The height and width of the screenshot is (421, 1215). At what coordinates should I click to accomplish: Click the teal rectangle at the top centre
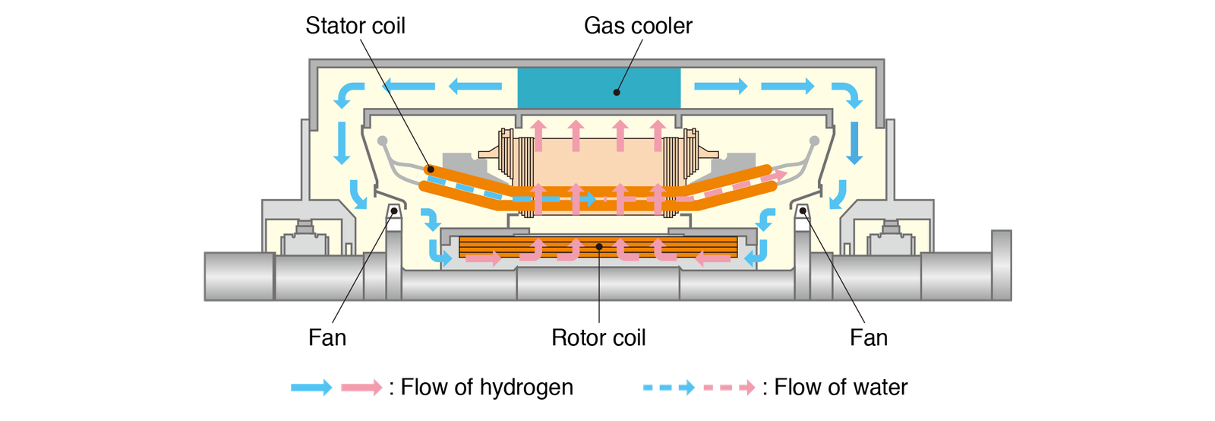598,87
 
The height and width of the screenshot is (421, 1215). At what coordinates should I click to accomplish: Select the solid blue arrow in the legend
312,388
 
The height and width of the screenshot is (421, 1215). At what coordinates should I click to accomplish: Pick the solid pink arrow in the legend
361,388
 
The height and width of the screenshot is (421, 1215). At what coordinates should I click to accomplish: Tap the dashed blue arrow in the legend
669,388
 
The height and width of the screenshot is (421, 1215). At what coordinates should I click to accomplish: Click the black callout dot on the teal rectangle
617,93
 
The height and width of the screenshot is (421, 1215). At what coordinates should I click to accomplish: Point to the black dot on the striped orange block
599,246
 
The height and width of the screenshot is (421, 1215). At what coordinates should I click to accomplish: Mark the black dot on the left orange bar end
430,169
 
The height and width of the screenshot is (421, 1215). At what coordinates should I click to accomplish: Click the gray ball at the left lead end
382,141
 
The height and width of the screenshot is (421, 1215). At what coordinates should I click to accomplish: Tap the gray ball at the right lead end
815,141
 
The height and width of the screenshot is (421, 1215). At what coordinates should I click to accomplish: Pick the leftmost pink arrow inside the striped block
483,259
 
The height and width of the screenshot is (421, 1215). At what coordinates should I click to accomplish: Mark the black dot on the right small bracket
803,210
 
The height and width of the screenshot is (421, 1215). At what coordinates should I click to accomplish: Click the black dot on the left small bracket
394,211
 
